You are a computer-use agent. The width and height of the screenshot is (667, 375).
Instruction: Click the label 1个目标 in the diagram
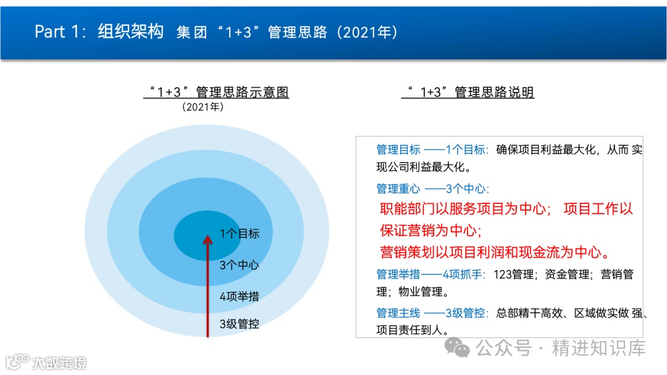coord(239,234)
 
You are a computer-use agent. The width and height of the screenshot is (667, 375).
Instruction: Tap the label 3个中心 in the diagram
coord(239,265)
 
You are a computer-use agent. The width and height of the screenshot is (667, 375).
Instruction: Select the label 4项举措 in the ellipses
coord(239,296)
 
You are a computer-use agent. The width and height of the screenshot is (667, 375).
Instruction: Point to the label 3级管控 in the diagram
coord(239,323)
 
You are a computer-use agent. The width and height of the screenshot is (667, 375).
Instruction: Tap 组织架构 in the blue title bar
coord(130,32)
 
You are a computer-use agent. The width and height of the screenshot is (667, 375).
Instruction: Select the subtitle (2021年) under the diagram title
coord(203,107)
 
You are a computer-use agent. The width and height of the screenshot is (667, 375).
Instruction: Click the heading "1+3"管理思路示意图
coord(217,93)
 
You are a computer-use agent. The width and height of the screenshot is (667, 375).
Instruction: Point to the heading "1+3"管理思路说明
coord(468,93)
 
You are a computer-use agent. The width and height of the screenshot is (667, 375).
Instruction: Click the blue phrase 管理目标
coord(398,150)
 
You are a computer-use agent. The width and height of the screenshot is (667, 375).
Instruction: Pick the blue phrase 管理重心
coord(398,189)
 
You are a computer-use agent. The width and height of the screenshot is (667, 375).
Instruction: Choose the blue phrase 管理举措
coord(398,274)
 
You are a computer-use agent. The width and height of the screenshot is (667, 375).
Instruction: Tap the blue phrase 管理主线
coord(398,313)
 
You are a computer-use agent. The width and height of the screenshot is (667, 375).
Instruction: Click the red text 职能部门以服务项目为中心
coord(463,209)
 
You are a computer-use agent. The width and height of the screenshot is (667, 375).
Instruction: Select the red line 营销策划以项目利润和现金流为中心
coord(495,252)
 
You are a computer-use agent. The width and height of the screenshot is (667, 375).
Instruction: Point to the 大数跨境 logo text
coord(60,362)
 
